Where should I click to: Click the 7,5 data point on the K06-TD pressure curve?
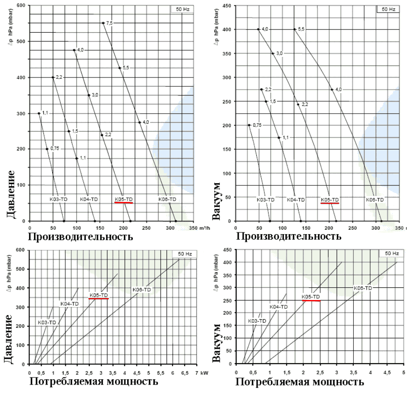103,23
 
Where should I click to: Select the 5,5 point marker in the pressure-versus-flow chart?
119,68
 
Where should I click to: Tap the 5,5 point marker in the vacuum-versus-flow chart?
294,30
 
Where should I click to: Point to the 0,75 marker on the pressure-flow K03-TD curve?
47,149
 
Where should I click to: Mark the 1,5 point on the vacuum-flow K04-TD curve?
266,101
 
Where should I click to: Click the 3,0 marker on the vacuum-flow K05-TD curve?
272,53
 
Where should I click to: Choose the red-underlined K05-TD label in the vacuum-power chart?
311,296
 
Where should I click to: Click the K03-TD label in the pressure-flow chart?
58,198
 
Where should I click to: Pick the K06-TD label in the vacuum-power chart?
363,288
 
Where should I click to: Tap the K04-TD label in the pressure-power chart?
69,304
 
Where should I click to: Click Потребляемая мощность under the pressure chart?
94,381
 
